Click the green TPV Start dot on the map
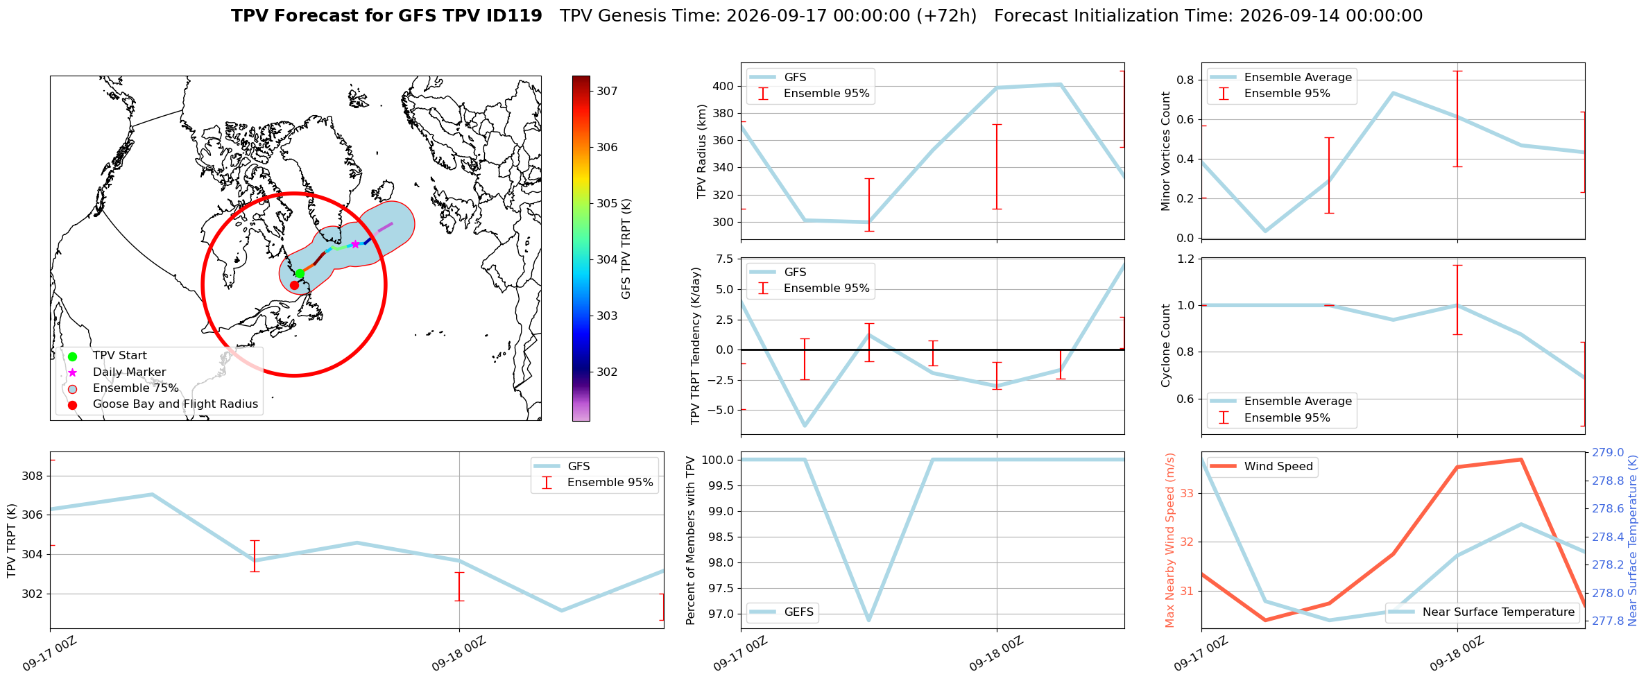click(300, 273)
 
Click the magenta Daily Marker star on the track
click(356, 244)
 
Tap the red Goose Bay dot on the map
click(294, 285)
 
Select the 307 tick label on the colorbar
click(607, 91)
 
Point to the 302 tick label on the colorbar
click(607, 372)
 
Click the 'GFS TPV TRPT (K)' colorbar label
click(626, 249)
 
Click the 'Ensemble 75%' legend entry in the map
click(135, 388)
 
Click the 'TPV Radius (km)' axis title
click(701, 151)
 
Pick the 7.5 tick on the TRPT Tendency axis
click(724, 259)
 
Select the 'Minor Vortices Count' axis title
click(1165, 151)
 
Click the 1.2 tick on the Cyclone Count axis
click(1186, 259)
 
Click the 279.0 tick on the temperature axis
click(1608, 453)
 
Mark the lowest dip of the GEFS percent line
click(868, 620)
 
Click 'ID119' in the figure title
click(515, 16)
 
